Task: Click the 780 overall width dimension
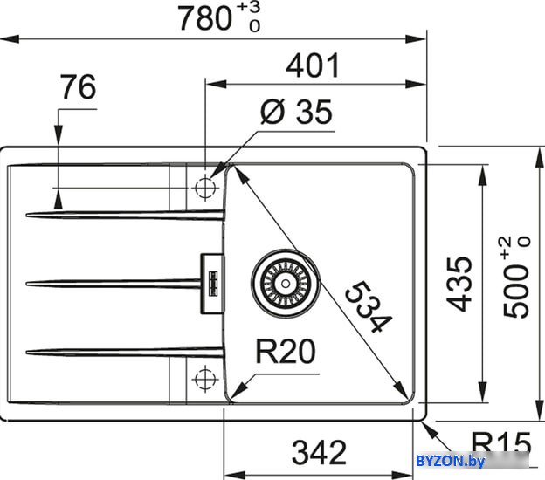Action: [x=204, y=18]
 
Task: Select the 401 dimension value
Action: [x=313, y=65]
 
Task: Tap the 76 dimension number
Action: [x=78, y=86]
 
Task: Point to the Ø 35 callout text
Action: [x=296, y=112]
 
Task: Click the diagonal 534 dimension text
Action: [x=369, y=306]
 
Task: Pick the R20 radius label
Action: [x=286, y=352]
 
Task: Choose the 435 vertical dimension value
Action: [x=459, y=284]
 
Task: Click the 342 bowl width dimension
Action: [x=319, y=452]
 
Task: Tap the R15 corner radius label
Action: [x=501, y=443]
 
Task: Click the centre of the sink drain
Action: [x=286, y=284]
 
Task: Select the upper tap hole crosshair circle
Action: [x=205, y=188]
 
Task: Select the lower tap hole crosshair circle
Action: [x=205, y=379]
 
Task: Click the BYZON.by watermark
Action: [x=450, y=462]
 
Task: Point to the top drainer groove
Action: [x=125, y=216]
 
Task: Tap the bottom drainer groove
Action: [x=124, y=353]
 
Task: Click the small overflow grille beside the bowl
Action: [x=213, y=284]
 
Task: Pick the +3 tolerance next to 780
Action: [x=249, y=9]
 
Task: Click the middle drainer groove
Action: [x=114, y=284]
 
